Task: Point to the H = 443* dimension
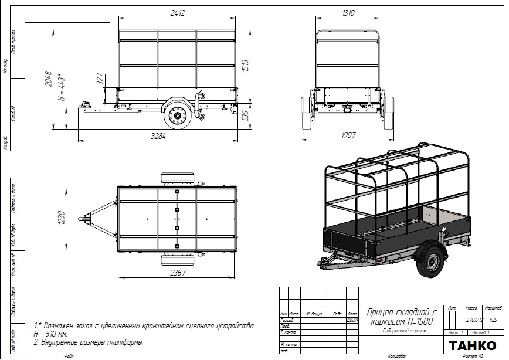point(60,89)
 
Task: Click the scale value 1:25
point(493,320)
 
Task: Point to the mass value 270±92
point(473,320)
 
